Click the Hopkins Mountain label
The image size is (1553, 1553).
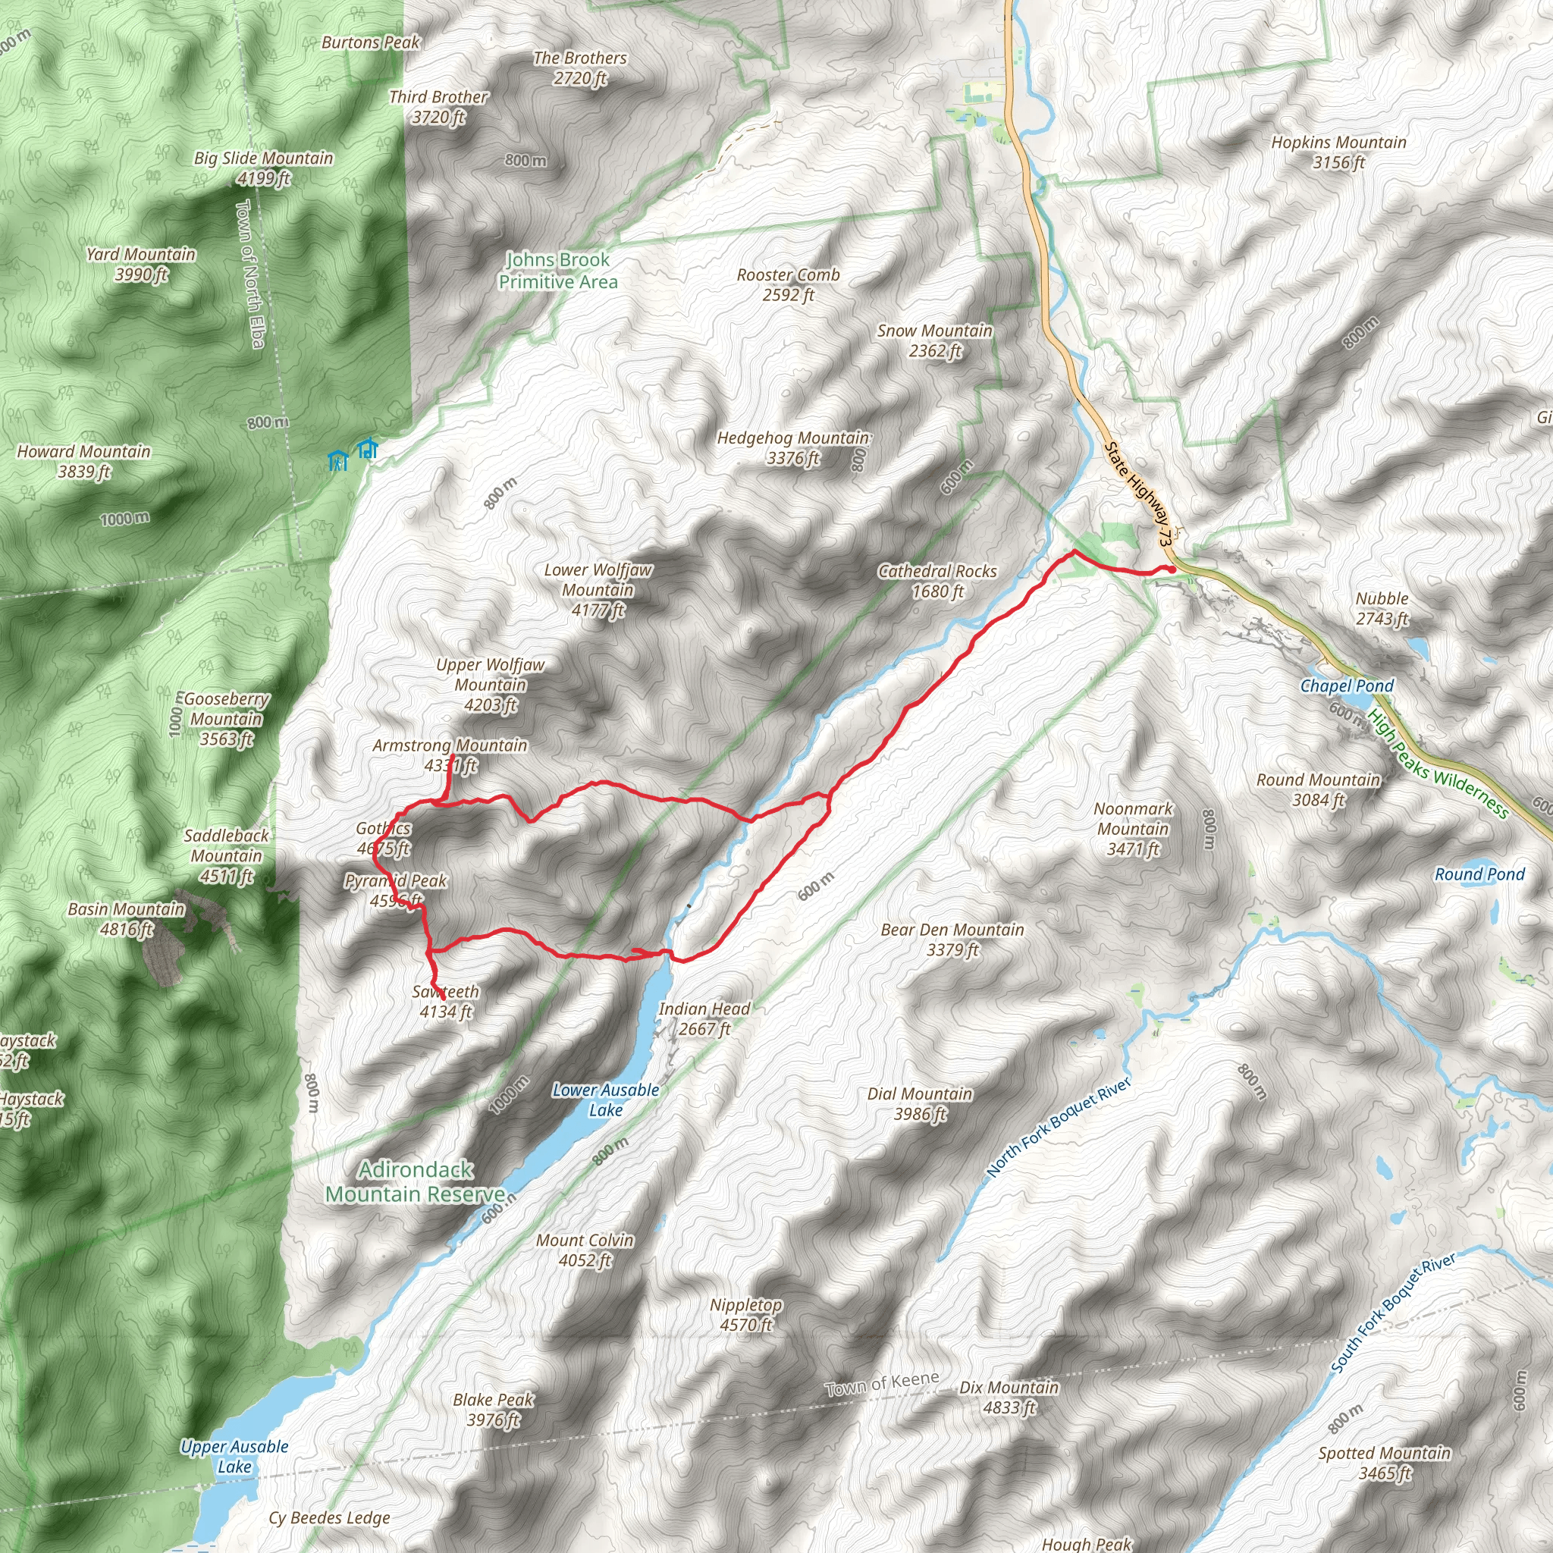coord(1338,152)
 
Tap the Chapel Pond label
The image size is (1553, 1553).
coord(1347,686)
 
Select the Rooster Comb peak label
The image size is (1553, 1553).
coord(788,284)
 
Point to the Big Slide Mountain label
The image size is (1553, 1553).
coord(263,167)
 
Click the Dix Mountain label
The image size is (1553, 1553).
coord(1009,1397)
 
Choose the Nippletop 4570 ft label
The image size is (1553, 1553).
coord(746,1314)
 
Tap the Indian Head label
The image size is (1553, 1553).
coord(704,1018)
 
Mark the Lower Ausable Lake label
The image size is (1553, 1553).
coord(605,1100)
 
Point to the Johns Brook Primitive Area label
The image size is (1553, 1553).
coord(558,271)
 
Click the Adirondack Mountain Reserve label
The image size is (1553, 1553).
coord(416,1181)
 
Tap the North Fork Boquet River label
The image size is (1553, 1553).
coord(1059,1127)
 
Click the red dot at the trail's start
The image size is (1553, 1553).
coord(1172,569)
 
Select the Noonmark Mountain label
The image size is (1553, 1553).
coord(1133,829)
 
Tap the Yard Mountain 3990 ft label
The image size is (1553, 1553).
coord(141,265)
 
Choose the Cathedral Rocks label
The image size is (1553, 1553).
coord(937,581)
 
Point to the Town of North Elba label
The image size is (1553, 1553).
coord(249,274)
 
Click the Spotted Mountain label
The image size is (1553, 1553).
coord(1384,1463)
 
